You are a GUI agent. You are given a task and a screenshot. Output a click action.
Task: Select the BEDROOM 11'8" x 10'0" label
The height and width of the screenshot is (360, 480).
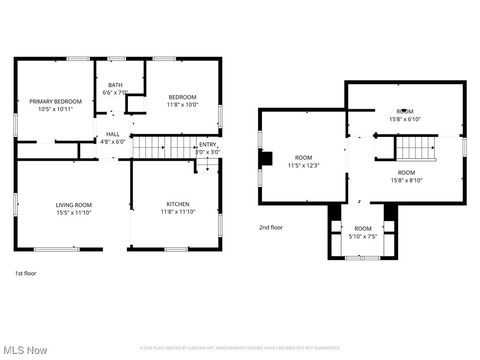(x=183, y=100)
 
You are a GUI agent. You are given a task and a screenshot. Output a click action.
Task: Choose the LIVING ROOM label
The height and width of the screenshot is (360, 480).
(x=73, y=208)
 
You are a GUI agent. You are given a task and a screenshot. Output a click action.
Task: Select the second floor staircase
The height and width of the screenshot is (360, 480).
(x=415, y=149)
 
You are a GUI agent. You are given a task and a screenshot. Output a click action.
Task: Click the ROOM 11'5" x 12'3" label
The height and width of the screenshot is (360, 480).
(x=303, y=161)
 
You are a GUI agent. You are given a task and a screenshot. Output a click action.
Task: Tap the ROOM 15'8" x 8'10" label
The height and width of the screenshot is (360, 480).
(x=405, y=176)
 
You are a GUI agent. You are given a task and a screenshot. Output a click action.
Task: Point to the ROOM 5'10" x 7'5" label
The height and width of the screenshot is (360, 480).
(x=362, y=232)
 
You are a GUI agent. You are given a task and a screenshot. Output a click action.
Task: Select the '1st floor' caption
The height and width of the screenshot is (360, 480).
(x=26, y=273)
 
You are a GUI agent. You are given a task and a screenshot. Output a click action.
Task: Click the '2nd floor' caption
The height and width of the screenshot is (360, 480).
(x=271, y=227)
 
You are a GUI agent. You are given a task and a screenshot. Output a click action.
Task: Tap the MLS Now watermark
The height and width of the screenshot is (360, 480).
(x=25, y=349)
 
